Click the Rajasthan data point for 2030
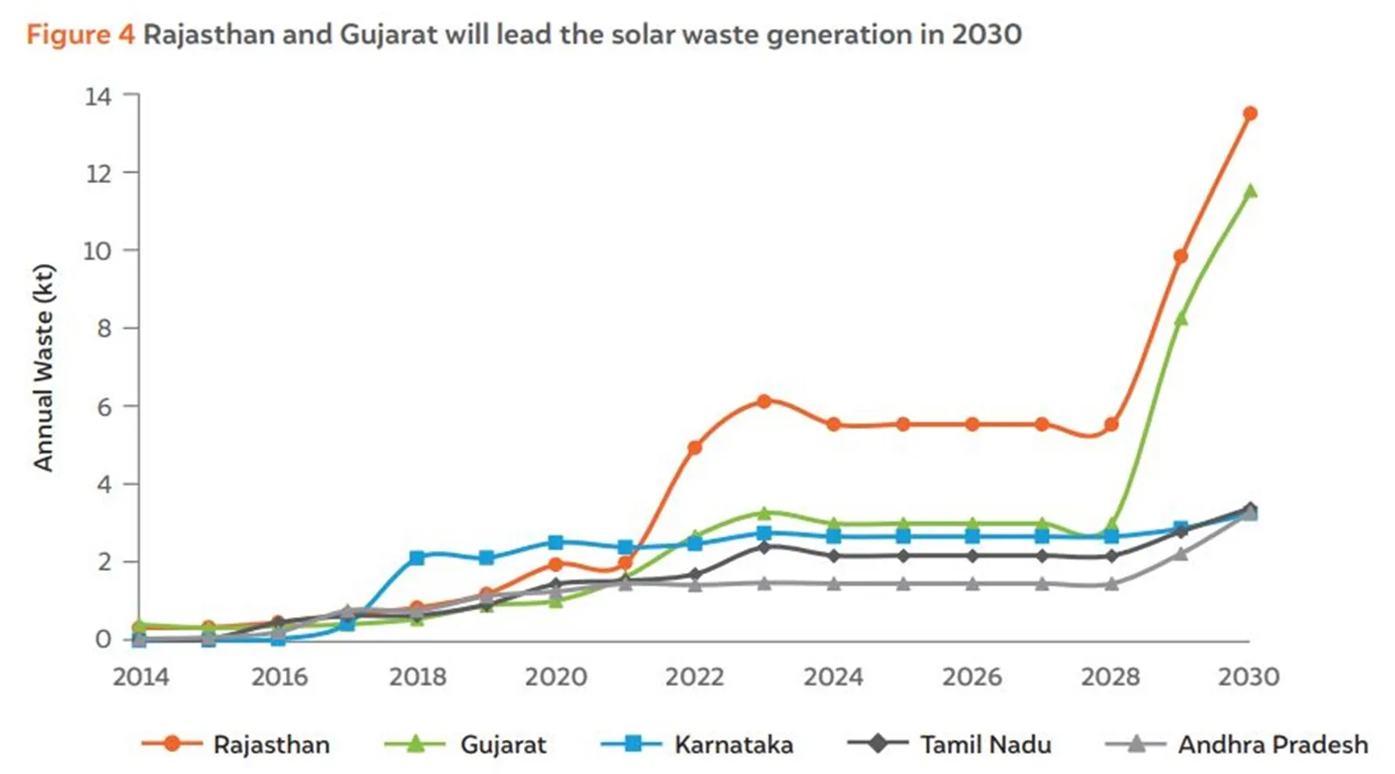1249,113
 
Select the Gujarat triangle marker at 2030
1249,191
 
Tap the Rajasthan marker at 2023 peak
764,401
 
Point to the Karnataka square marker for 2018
417,557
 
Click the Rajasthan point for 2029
1181,256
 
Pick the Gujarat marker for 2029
1181,319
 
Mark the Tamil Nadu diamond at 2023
764,547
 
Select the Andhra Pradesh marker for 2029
1181,553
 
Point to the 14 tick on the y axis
99,96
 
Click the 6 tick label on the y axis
104,407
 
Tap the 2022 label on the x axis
694,676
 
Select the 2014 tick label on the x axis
140,676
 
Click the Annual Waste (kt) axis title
44,367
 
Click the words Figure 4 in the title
80,35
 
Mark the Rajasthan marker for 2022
695,447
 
